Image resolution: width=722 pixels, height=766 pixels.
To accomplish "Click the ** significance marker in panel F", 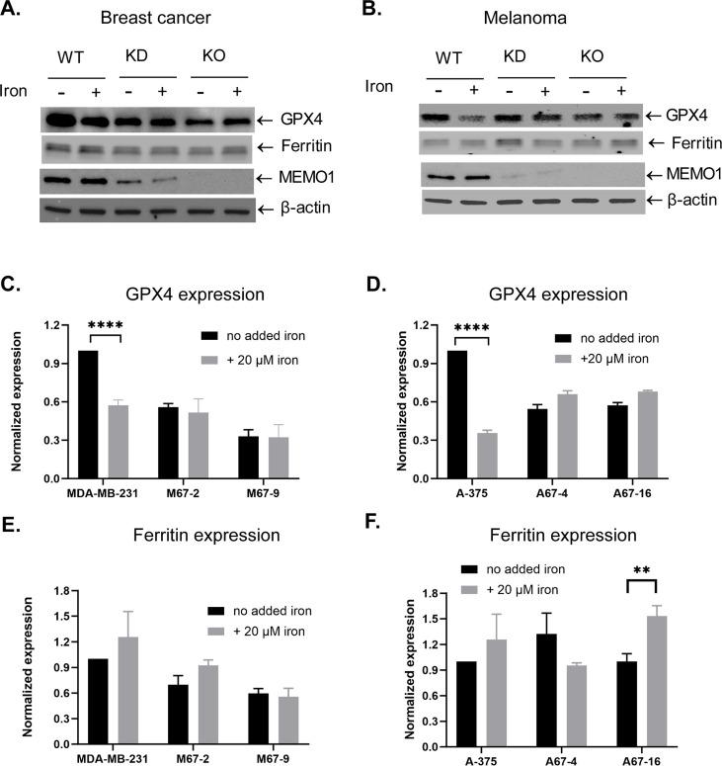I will tap(643, 570).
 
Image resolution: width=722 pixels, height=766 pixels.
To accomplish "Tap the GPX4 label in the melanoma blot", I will tap(684, 116).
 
